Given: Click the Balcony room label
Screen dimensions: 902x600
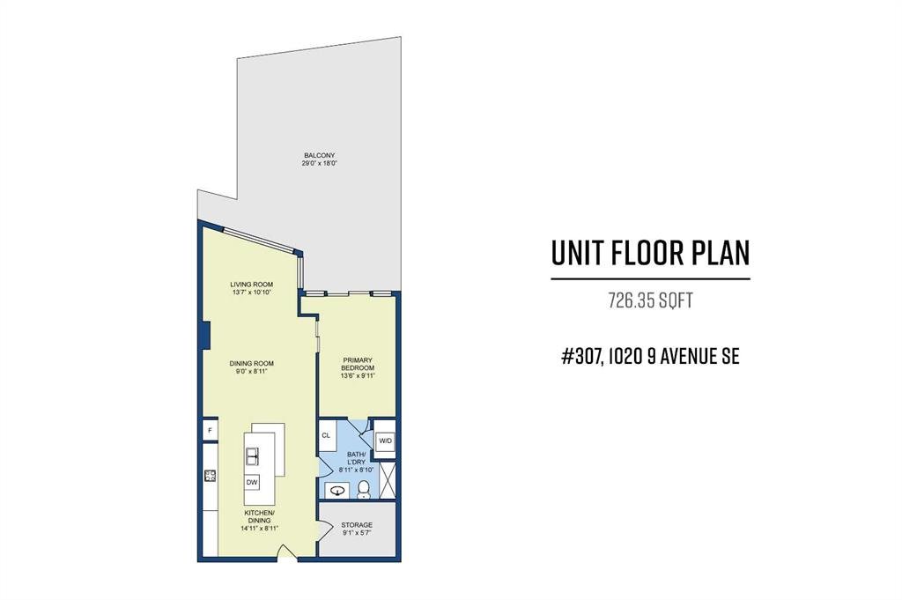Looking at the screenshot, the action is click(319, 155).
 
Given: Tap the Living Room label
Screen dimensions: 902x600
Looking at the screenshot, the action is click(251, 285).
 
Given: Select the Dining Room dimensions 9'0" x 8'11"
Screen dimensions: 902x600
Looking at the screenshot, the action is click(251, 372).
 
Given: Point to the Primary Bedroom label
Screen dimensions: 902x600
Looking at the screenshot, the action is click(358, 364).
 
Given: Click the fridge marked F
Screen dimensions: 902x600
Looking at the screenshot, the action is click(210, 430).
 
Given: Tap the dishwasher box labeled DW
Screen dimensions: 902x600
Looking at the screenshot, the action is click(252, 482).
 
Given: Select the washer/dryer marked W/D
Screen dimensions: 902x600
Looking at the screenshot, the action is click(385, 441).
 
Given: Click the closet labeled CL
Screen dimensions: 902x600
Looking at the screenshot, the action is click(326, 435).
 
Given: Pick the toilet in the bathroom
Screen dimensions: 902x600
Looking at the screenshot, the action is click(363, 490).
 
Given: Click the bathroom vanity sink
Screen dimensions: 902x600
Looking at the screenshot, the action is click(337, 491).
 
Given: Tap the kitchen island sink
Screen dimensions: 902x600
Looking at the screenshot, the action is click(252, 456).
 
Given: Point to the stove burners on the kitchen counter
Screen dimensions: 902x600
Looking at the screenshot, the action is click(210, 476).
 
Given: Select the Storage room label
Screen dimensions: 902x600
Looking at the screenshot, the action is click(357, 525).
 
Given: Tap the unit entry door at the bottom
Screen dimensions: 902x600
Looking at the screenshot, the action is click(286, 552).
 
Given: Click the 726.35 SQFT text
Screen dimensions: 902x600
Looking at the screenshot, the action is click(651, 300).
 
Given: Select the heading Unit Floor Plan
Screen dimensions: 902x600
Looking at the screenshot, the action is click(651, 253).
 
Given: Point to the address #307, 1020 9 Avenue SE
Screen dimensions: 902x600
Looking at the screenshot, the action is click(650, 357).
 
